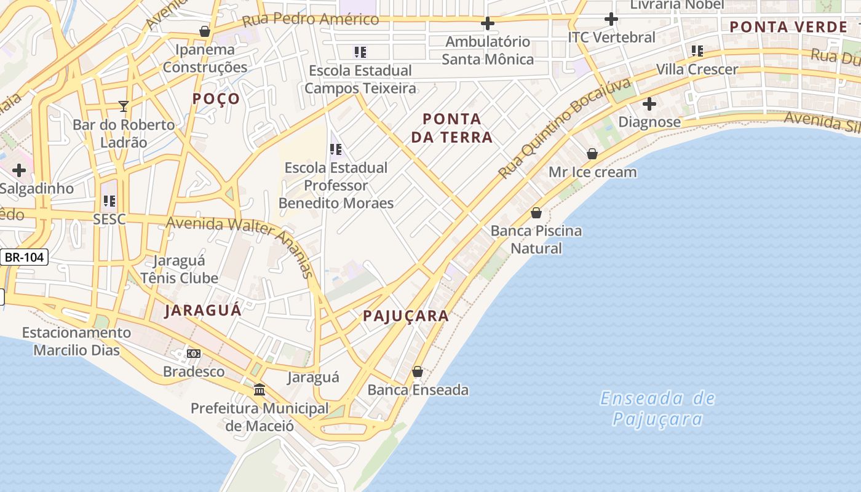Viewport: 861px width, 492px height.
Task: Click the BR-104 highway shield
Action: pos(24,257)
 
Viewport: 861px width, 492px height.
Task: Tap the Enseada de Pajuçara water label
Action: pos(657,408)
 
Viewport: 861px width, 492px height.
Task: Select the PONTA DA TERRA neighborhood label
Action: pos(452,128)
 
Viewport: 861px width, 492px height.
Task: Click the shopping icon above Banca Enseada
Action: pos(418,371)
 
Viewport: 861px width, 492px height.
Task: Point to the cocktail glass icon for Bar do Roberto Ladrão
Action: pos(124,106)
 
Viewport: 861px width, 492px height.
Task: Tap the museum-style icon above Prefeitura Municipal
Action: pos(260,390)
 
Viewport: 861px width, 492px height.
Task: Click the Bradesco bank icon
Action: pos(194,354)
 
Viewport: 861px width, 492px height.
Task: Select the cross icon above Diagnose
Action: pos(649,103)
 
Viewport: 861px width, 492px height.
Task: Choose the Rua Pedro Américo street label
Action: pos(311,20)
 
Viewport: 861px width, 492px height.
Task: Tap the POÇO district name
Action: pos(216,99)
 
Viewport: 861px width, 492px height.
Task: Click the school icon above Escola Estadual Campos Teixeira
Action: pos(360,52)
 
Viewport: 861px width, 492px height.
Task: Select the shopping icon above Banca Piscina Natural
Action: pos(536,213)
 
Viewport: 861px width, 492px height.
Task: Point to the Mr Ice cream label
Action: pos(592,172)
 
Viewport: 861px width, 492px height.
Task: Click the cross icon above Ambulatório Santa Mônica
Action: pos(488,24)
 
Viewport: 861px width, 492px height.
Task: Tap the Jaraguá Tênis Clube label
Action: pos(179,269)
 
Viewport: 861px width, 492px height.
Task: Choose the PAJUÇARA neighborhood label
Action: pos(406,316)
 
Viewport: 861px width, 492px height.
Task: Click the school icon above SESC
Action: pos(109,201)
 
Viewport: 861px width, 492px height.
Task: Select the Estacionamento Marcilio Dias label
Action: pos(76,341)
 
